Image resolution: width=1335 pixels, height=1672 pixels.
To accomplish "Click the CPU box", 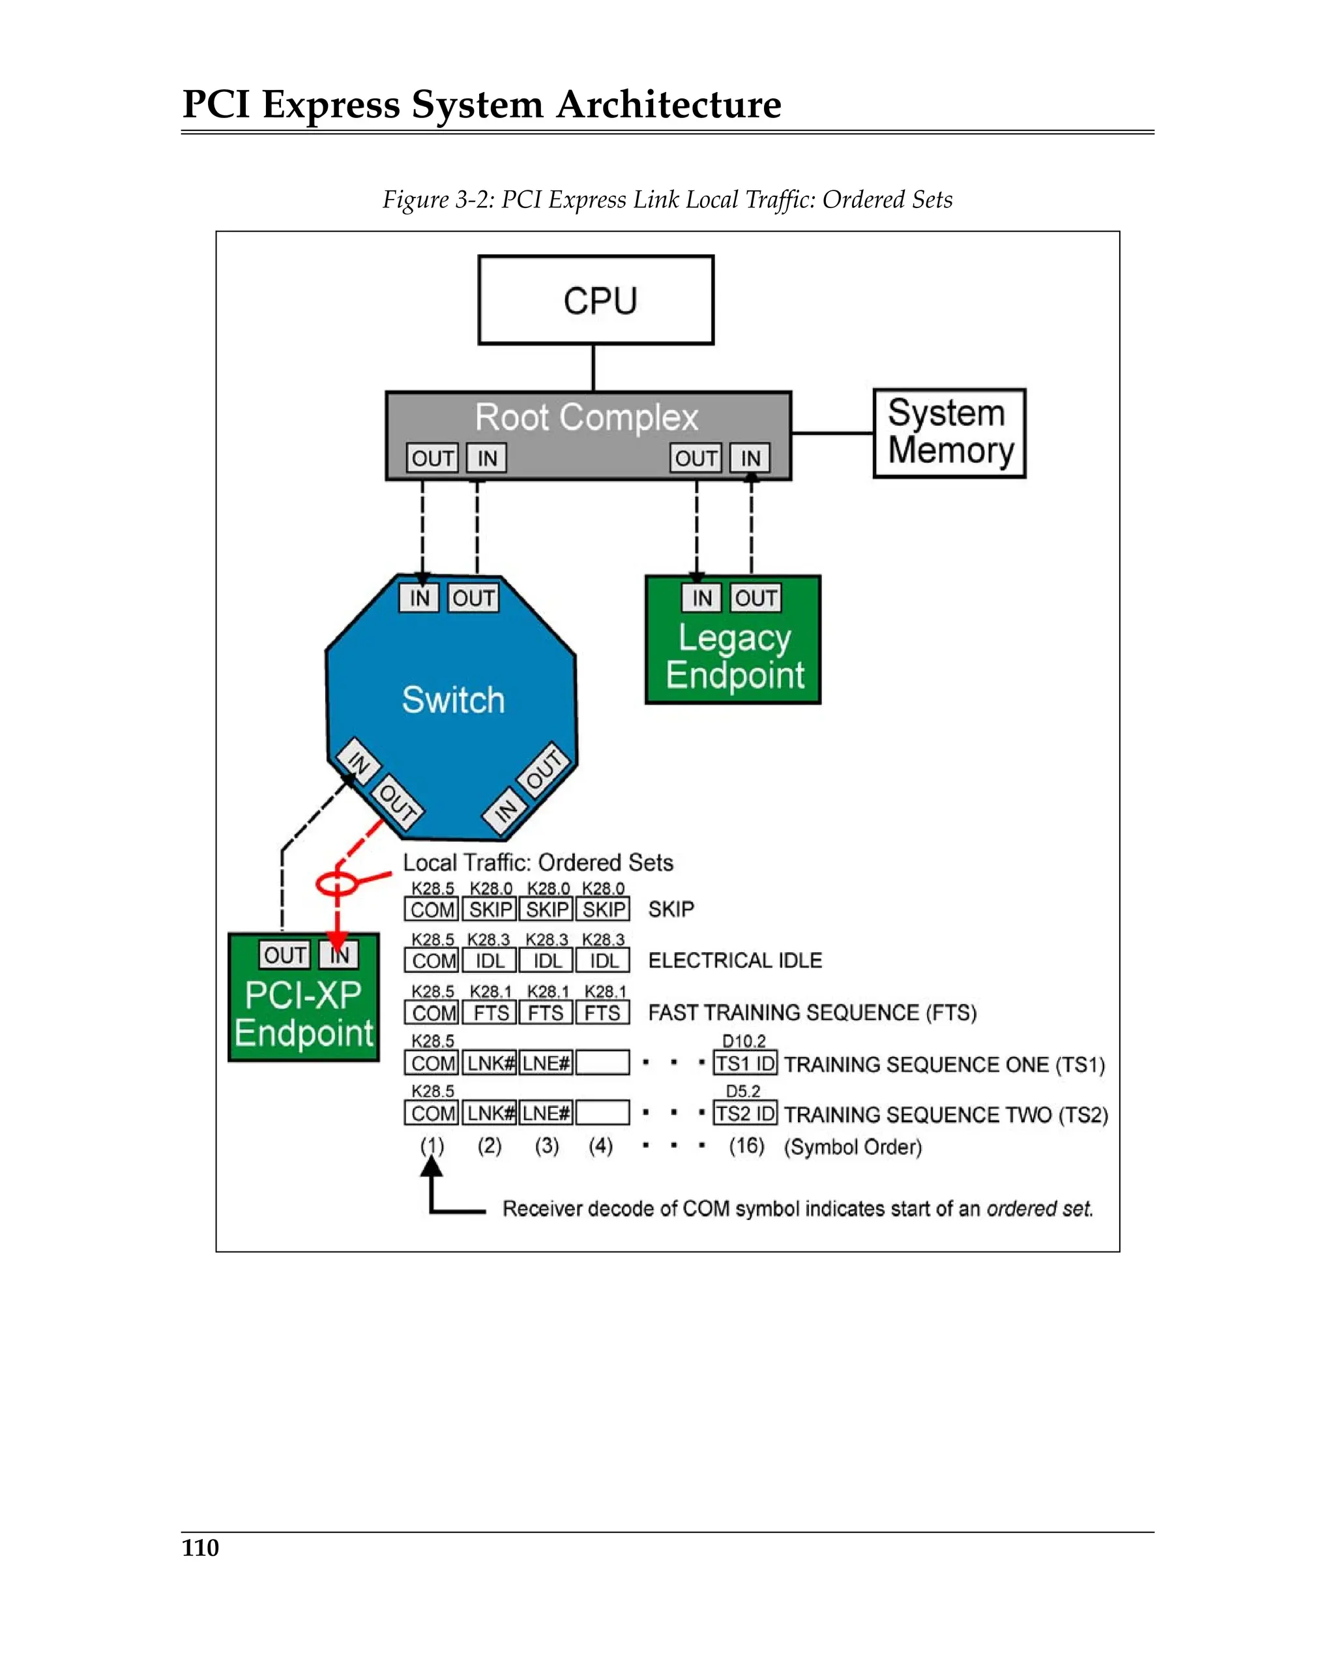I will coord(595,300).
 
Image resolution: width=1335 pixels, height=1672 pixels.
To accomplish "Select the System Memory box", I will coord(948,433).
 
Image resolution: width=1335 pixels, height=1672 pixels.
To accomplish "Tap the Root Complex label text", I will coord(586,417).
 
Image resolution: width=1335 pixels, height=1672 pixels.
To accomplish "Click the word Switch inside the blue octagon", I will coord(454,700).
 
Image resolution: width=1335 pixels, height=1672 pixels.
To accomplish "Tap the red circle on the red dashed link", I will coord(336,882).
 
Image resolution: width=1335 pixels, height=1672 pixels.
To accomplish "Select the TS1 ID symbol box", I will coord(744,1063).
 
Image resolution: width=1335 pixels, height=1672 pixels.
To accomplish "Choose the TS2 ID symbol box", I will coord(744,1114).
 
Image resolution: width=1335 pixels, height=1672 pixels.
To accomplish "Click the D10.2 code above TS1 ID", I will coord(744,1041).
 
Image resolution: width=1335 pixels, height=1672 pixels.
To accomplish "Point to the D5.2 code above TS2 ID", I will coord(742,1091).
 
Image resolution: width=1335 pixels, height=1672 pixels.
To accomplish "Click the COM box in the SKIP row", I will coord(432,909).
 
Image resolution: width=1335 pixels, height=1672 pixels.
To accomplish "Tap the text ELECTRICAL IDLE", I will coord(734,960).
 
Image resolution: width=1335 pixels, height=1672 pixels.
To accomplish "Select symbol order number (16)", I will coord(746,1146).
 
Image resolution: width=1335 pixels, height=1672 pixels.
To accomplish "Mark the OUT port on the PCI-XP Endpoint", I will coord(284,955).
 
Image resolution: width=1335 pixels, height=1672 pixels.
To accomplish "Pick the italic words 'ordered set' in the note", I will coord(1039,1208).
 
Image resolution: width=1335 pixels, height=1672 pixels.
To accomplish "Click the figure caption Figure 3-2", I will coord(667,200).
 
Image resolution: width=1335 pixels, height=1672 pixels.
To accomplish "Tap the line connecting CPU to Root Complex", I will coord(593,368).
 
